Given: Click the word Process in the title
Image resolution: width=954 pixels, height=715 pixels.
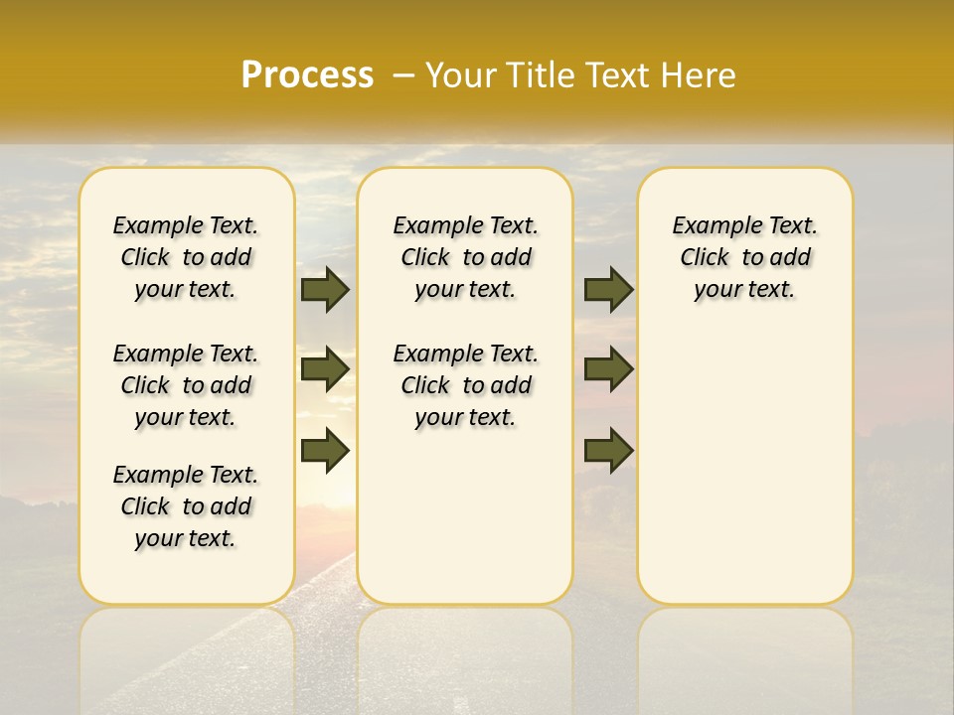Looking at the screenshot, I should [x=307, y=75].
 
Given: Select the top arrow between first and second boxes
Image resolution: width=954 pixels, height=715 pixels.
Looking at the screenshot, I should [x=325, y=289].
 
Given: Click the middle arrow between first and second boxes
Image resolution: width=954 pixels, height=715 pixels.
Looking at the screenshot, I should [x=325, y=370].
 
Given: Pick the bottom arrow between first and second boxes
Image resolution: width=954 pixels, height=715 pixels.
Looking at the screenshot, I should [x=325, y=451].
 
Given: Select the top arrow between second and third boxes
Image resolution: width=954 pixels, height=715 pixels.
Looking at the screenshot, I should [x=608, y=289].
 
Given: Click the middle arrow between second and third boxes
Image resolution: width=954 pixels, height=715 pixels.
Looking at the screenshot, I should [x=608, y=370].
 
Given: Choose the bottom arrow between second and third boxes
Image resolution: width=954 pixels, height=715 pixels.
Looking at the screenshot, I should [x=608, y=451].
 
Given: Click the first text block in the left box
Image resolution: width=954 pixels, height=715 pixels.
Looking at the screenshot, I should [x=186, y=257].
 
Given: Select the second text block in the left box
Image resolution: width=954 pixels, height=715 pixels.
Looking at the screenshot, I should [x=186, y=385].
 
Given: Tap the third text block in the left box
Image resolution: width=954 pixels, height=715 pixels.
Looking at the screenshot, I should [x=186, y=506].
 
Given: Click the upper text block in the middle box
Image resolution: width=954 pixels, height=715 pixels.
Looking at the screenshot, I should [x=465, y=257].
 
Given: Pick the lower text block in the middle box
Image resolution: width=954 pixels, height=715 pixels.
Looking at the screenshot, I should [x=465, y=385].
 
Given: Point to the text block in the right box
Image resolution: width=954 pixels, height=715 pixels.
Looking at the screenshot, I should [x=745, y=257].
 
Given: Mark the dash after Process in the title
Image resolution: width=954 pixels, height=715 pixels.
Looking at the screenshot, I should [x=403, y=75].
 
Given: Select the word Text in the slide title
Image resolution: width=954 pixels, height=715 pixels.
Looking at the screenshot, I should [x=616, y=75].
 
